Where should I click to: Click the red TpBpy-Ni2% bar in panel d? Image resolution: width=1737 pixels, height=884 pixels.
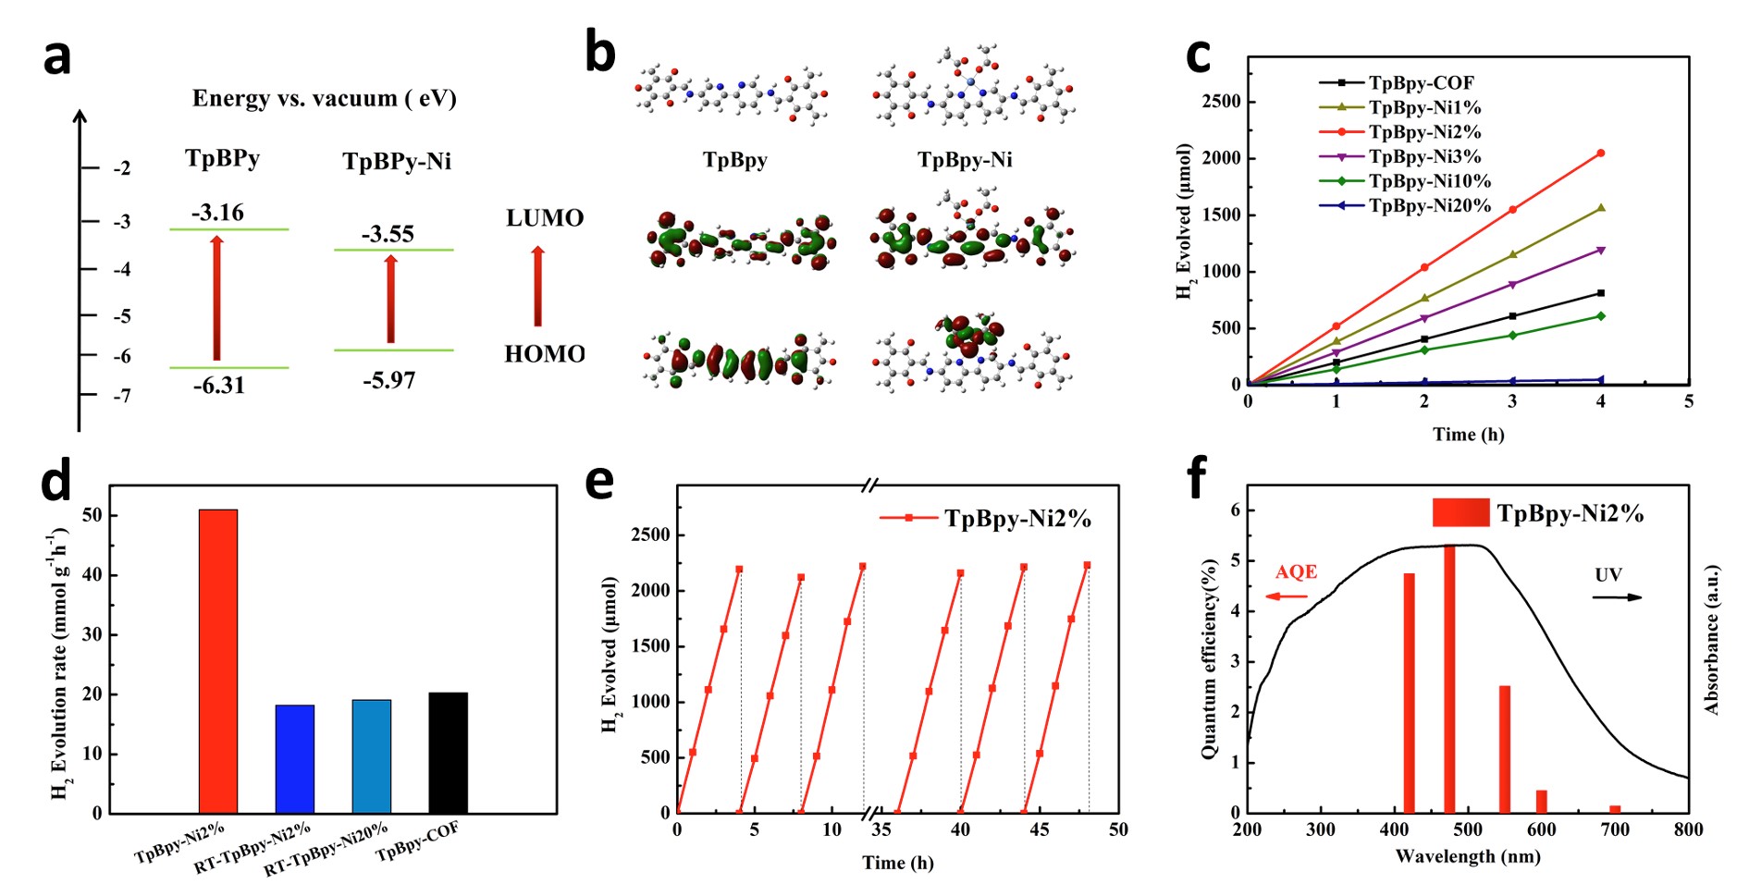coord(218,661)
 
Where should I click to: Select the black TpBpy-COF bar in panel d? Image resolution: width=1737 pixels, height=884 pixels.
coord(449,753)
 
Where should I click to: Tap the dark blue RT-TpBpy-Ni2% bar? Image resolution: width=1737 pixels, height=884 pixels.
coord(295,759)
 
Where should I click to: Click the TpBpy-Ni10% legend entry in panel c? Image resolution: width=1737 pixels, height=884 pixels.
coord(1430,181)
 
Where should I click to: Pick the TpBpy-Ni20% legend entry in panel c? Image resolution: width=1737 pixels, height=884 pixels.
coord(1430,205)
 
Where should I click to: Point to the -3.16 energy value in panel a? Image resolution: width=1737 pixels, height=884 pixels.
coord(218,213)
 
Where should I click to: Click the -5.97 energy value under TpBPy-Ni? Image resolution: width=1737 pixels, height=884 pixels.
coord(388,380)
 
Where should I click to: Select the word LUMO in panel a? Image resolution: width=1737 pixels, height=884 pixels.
coord(545,218)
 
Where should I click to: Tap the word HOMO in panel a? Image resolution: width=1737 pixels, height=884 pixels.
coord(545,354)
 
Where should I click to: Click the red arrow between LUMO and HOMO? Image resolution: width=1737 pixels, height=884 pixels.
coord(537,286)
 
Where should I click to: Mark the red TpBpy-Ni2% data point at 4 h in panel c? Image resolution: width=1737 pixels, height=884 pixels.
coord(1601,153)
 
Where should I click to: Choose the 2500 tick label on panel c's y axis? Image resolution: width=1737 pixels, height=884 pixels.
coord(1221,101)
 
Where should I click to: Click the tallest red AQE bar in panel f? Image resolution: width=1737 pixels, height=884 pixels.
coord(1449,680)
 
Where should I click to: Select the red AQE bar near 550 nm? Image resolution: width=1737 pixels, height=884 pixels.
coord(1505,749)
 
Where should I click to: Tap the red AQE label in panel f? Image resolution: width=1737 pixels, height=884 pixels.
coord(1296,572)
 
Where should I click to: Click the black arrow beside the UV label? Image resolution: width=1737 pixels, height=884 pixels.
coord(1617,597)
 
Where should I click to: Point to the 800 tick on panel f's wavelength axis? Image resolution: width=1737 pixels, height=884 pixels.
coord(1688,829)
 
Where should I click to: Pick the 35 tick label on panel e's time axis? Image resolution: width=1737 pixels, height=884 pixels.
coord(881,829)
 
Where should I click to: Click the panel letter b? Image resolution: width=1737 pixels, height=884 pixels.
coord(600,54)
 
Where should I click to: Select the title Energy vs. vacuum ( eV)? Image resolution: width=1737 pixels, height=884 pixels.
coord(324,99)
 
